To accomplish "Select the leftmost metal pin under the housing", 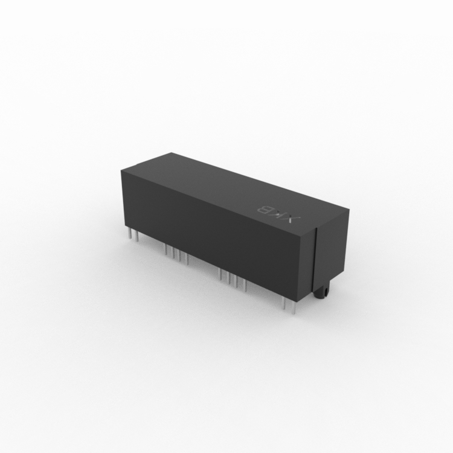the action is point(130,233).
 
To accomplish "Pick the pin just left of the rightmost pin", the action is point(284,304).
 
